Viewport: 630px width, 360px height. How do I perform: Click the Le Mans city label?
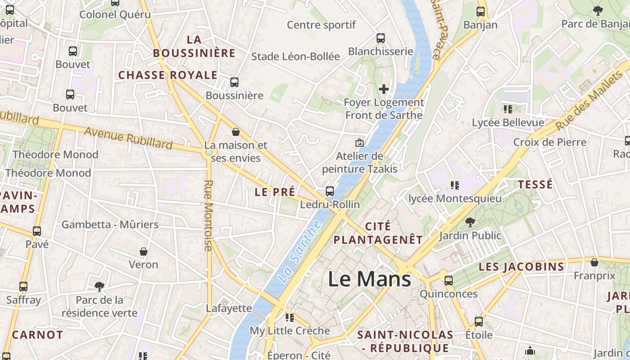click(369, 279)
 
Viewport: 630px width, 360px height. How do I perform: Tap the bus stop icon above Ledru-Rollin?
click(330, 191)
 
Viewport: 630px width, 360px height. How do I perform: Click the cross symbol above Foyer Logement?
click(383, 89)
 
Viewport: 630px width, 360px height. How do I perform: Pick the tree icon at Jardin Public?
click(470, 222)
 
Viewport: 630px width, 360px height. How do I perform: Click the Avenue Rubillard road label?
click(128, 138)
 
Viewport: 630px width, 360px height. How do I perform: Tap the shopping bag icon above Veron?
click(144, 251)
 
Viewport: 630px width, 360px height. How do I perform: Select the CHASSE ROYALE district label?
click(168, 75)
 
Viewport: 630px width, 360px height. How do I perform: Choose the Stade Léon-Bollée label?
click(295, 56)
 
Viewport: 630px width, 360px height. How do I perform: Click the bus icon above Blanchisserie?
click(381, 38)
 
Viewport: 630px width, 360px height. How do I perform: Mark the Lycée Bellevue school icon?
click(508, 109)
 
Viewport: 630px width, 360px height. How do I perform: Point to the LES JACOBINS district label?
click(521, 266)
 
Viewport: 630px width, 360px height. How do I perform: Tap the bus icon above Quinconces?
click(449, 281)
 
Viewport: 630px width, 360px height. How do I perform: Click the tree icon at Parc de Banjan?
click(598, 10)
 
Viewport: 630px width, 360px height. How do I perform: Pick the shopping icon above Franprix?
click(594, 262)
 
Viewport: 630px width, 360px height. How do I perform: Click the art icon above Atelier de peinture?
click(360, 143)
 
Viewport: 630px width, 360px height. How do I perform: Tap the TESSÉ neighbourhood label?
click(535, 184)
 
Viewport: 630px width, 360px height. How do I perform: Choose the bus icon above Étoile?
click(479, 322)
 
